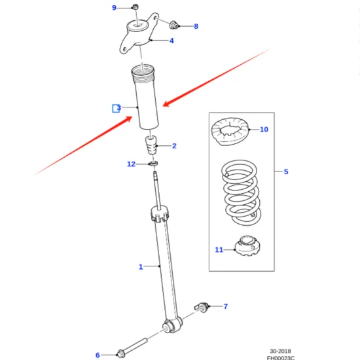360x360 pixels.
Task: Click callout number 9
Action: pos(114,8)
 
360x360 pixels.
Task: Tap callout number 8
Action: pos(195,27)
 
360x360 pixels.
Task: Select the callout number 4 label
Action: pos(171,41)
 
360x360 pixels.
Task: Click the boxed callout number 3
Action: pos(117,108)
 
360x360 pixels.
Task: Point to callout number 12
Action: pos(132,164)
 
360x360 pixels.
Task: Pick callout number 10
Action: pos(264,130)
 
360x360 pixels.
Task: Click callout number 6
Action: pos(98,355)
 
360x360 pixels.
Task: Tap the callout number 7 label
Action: pos(225,306)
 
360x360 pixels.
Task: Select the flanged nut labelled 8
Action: pos(175,26)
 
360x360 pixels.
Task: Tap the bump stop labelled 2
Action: pos(151,145)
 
